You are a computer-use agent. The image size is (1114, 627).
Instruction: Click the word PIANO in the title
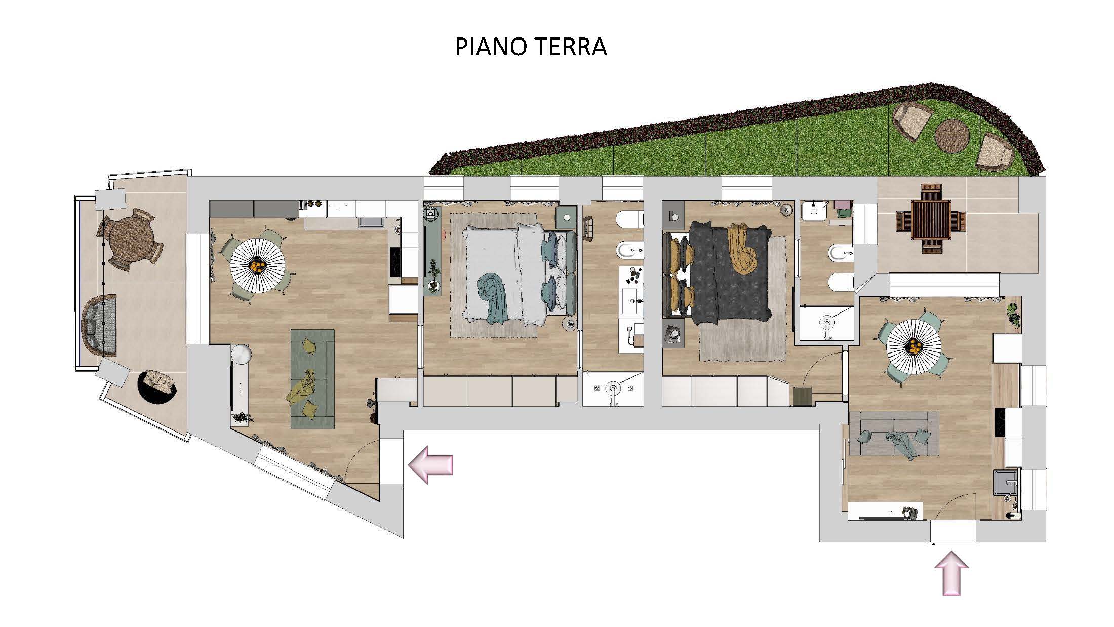(488, 47)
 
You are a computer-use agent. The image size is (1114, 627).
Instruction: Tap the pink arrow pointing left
(430, 464)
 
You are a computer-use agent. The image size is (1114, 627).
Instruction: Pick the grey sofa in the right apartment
(894, 434)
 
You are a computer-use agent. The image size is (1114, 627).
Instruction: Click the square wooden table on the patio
(931, 219)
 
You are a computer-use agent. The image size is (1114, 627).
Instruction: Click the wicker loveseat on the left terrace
(99, 324)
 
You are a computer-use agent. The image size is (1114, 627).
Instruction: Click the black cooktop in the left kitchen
(395, 262)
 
